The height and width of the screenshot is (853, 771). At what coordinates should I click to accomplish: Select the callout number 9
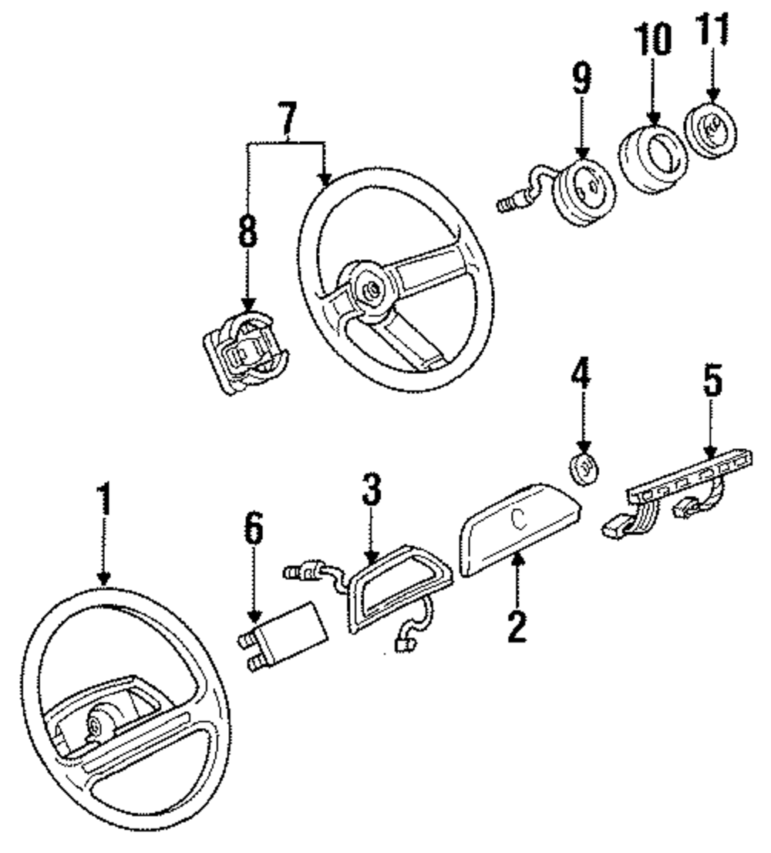(x=581, y=79)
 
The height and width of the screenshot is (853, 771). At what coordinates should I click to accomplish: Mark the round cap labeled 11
(x=712, y=132)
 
